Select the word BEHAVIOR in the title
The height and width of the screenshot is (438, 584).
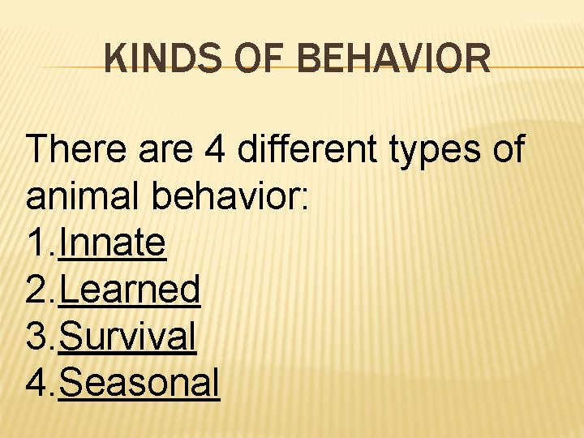point(393,59)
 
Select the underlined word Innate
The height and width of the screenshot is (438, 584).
point(113,243)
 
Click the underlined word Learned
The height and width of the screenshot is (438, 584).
point(130,290)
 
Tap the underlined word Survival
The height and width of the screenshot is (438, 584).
point(127,336)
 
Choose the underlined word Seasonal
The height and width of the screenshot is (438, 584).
point(139,382)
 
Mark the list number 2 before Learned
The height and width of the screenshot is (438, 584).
point(37,290)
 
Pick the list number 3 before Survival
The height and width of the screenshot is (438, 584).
point(37,336)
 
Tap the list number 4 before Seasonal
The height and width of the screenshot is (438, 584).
point(37,382)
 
